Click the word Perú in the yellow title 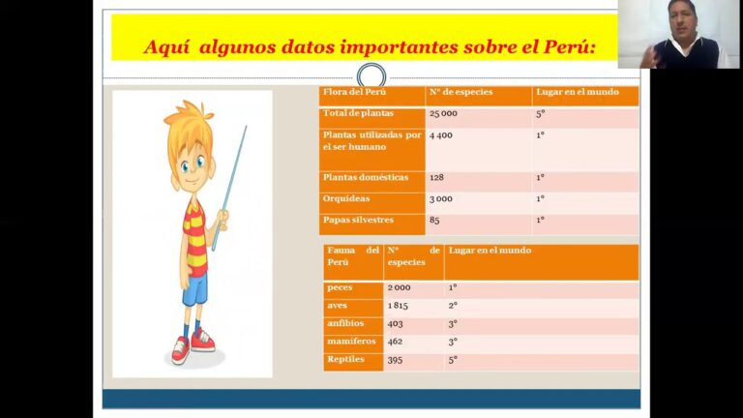[566, 46]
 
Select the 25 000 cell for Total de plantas [443, 114]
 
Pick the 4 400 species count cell [441, 135]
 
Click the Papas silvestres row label [358, 220]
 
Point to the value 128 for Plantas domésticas [436, 178]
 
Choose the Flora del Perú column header [354, 92]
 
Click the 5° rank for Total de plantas [540, 114]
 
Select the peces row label [340, 287]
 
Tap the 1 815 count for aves [398, 306]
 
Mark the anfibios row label [345, 324]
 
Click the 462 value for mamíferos [395, 342]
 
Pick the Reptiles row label [345, 359]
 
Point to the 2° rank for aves [453, 306]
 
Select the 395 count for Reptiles [395, 360]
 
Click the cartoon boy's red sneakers [193, 345]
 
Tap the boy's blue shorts [195, 289]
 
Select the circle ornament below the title [371, 75]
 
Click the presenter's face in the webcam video [682, 20]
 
